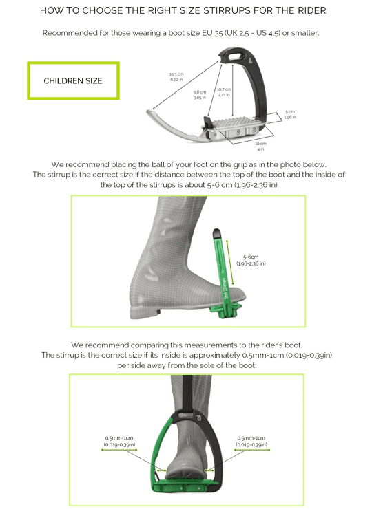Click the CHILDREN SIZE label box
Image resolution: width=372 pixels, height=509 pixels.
tap(73, 80)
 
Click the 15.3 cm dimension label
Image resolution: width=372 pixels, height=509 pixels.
tap(176, 76)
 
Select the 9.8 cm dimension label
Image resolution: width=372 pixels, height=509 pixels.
tap(200, 95)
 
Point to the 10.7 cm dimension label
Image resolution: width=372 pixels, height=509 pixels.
tap(224, 92)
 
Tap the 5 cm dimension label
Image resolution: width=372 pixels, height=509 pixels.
tap(290, 114)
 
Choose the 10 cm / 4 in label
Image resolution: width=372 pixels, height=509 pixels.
tap(260, 146)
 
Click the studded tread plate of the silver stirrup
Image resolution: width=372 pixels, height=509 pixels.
tap(234, 123)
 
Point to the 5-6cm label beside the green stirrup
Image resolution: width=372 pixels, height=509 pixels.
tap(251, 260)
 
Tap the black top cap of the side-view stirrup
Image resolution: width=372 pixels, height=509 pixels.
tap(216, 233)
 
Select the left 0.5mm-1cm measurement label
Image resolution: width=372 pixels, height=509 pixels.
tap(119, 441)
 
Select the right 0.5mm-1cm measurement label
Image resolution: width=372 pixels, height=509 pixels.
tap(251, 441)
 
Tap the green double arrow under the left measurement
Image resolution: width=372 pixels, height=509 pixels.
tap(119, 450)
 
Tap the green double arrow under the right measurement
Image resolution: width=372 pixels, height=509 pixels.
tap(252, 450)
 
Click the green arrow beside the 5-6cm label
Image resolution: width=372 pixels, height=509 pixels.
tap(230, 263)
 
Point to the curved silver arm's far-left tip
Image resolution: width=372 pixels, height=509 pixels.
tap(147, 112)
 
